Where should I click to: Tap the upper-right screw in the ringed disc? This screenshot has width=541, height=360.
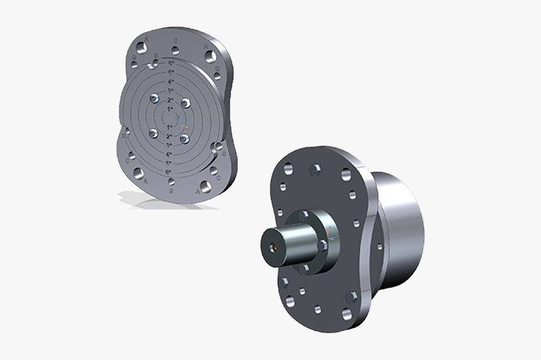coord(185,103)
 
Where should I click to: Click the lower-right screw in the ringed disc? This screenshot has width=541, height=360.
coord(184,138)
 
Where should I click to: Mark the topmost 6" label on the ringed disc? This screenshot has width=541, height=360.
coord(170,63)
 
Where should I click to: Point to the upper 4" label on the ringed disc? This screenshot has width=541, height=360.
coord(170,82)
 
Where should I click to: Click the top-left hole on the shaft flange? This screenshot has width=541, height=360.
coord(287,170)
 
